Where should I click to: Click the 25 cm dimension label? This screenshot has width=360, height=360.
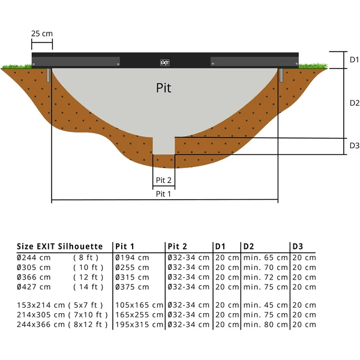click(42, 34)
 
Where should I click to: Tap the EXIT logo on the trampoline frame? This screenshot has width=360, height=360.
click(165, 62)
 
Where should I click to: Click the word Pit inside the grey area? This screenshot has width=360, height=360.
click(163, 88)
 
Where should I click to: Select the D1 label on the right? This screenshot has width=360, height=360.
click(354, 60)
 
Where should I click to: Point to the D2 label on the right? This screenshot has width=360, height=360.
click(354, 103)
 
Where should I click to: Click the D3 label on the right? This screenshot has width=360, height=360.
click(354, 146)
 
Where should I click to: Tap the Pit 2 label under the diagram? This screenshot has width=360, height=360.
click(164, 180)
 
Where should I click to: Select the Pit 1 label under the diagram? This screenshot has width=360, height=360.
click(163, 194)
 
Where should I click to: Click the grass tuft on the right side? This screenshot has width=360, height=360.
click(314, 65)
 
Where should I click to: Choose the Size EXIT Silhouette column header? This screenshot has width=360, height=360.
click(60, 247)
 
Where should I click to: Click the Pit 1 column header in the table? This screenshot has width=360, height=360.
click(124, 247)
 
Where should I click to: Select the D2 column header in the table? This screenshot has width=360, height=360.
click(249, 247)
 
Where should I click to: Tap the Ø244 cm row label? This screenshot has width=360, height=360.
click(34, 257)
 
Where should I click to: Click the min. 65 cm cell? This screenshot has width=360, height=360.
click(265, 257)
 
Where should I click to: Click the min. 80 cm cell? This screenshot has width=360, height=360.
click(265, 325)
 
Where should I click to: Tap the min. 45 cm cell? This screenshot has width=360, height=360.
click(265, 305)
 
